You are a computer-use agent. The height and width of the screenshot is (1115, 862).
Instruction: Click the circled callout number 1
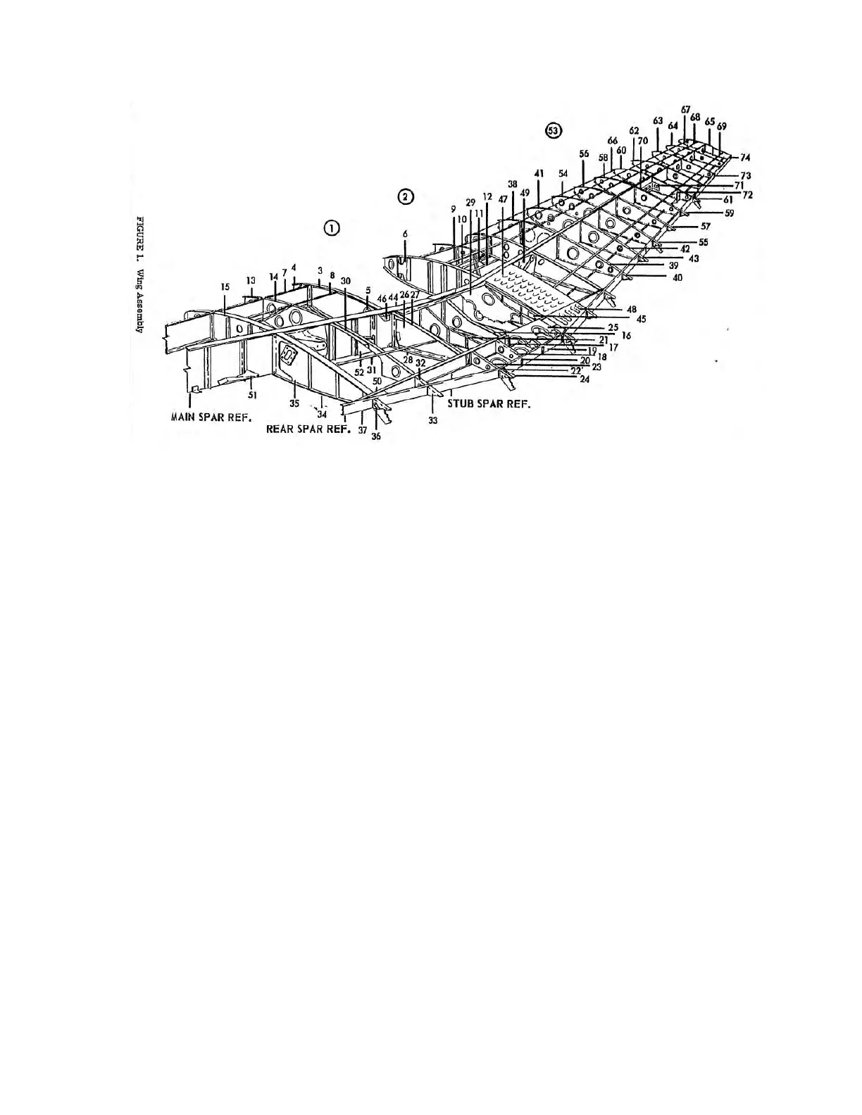[331, 227]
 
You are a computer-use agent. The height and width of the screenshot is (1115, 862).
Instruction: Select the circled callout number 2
[405, 196]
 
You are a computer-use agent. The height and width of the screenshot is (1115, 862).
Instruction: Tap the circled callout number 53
[554, 131]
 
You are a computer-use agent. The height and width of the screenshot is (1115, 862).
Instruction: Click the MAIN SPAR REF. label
[212, 417]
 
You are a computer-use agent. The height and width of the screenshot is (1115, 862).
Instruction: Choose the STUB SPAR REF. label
[489, 404]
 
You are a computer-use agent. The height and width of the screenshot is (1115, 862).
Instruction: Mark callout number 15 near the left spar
[225, 287]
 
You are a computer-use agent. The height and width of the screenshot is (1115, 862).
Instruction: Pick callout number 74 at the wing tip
[745, 157]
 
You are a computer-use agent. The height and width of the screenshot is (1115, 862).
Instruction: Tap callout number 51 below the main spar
[251, 395]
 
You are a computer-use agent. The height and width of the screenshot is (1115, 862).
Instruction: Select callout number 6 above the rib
[405, 233]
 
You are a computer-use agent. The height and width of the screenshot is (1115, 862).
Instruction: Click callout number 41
[539, 172]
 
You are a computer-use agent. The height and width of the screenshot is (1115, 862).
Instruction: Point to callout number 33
[432, 421]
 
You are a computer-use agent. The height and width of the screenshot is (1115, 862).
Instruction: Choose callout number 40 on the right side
[677, 277]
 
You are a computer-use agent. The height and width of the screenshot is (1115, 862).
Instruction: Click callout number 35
[294, 404]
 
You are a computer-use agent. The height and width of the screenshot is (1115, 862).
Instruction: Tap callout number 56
[584, 153]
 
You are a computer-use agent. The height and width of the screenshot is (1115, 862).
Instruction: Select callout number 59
[729, 213]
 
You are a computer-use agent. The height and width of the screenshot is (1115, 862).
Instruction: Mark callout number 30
[345, 281]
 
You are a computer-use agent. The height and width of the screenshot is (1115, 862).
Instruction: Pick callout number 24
[585, 380]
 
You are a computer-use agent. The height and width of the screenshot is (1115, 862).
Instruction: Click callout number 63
[658, 121]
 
